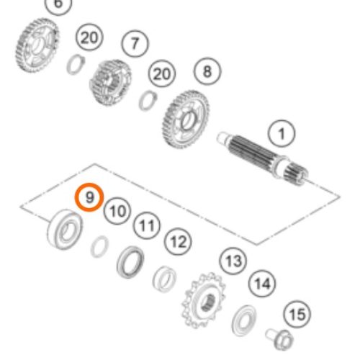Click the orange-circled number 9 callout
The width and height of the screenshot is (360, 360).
pyautogui.click(x=89, y=197)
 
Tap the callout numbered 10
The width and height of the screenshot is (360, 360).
pyautogui.click(x=117, y=211)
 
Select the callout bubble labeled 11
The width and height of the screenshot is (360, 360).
pyautogui.click(x=147, y=225)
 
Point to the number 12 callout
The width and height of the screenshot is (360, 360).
pyautogui.click(x=178, y=241)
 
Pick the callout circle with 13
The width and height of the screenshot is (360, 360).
pyautogui.click(x=233, y=261)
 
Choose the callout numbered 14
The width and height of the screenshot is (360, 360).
pyautogui.click(x=262, y=284)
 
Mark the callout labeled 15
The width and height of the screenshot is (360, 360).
pyautogui.click(x=297, y=314)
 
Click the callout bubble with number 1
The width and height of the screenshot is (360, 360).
pyautogui.click(x=282, y=133)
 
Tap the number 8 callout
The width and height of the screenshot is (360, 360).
pyautogui.click(x=207, y=71)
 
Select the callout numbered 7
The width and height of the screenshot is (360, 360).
pyautogui.click(x=135, y=44)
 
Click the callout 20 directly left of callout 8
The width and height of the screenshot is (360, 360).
pyautogui.click(x=162, y=73)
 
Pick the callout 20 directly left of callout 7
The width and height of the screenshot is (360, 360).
pyautogui.click(x=89, y=37)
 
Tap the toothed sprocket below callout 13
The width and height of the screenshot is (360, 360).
pyautogui.click(x=204, y=300)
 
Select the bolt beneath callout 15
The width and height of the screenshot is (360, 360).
pyautogui.click(x=279, y=339)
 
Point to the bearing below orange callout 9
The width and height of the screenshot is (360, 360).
pyautogui.click(x=65, y=230)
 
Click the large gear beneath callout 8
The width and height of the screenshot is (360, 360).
pyautogui.click(x=185, y=120)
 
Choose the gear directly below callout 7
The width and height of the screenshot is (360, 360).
pyautogui.click(x=110, y=82)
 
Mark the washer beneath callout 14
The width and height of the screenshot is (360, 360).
pyautogui.click(x=244, y=320)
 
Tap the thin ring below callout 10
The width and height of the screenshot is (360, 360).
pyautogui.click(x=99, y=246)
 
